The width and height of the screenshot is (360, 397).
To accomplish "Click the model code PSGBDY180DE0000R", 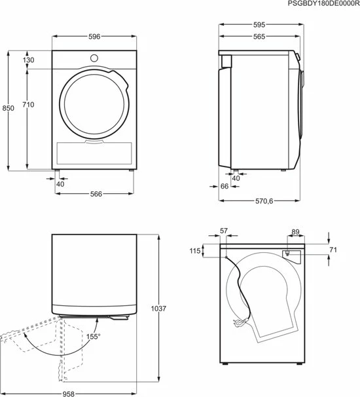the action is click(323, 3).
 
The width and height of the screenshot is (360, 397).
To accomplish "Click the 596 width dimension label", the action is click(94, 37).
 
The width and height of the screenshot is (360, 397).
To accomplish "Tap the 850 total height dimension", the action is click(8, 108).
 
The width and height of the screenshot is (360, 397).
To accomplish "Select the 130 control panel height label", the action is click(28, 60).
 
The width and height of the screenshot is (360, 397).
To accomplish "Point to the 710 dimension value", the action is click(28, 105).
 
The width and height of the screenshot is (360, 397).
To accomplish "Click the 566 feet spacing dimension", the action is click(96, 194).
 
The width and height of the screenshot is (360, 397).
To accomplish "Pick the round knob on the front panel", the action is click(94, 58).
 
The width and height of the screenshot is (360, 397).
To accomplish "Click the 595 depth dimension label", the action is click(259, 24).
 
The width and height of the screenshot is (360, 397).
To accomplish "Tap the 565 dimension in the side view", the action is click(259, 37).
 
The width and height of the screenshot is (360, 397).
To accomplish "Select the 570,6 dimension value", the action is click(264, 201).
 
